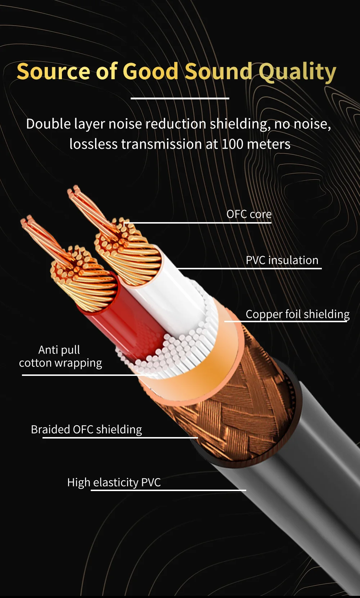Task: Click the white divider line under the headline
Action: (180, 98)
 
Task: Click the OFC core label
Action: (249, 214)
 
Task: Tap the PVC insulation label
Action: (282, 260)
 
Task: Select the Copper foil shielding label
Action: (297, 314)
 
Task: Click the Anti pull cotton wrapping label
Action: (60, 356)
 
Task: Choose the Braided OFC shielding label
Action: (86, 429)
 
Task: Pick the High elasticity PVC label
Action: (114, 482)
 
